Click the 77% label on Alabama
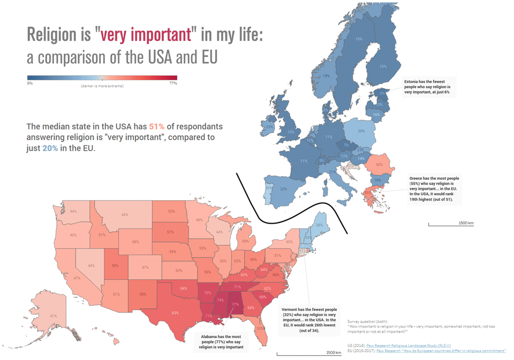click(x=235, y=304)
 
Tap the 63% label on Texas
click(x=175, y=312)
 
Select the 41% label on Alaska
click(x=54, y=316)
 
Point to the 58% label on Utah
click(x=115, y=266)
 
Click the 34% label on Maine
click(x=319, y=226)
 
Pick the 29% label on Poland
click(x=361, y=131)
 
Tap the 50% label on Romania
click(x=379, y=165)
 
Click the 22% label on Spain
click(x=283, y=189)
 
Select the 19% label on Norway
click(x=326, y=76)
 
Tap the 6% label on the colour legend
click(x=30, y=83)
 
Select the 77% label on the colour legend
click(x=173, y=83)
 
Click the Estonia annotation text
click(x=427, y=87)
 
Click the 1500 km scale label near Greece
click(x=466, y=223)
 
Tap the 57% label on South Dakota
click(x=171, y=232)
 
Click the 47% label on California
click(x=77, y=278)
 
